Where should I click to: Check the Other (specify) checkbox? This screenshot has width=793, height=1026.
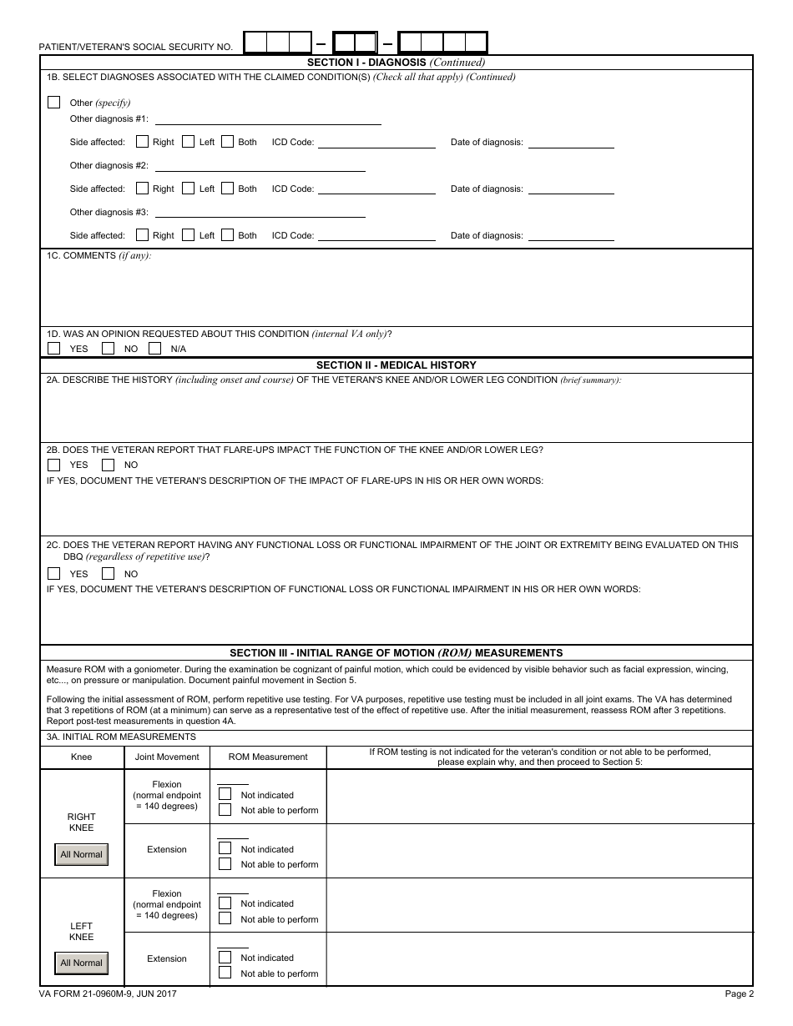click(54, 103)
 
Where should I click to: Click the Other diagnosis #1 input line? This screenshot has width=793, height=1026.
click(268, 119)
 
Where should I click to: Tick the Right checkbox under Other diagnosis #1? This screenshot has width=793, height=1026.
click(143, 142)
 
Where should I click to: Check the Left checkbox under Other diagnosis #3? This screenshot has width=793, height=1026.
click(189, 235)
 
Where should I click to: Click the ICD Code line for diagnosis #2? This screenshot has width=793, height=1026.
click(376, 189)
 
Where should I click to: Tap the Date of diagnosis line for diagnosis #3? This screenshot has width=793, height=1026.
click(572, 236)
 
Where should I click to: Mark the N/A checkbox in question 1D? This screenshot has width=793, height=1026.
click(154, 349)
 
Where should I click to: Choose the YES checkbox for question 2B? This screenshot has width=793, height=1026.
click(54, 465)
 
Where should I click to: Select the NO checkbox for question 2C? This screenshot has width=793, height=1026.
click(108, 574)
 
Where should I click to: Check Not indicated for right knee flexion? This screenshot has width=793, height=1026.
click(225, 795)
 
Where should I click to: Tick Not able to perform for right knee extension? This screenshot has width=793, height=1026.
click(225, 864)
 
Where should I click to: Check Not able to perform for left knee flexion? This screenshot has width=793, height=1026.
click(225, 919)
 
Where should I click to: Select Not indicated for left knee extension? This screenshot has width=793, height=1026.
click(225, 958)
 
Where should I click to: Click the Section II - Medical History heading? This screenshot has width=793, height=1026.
click(396, 365)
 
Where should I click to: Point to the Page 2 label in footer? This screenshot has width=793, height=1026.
click(739, 993)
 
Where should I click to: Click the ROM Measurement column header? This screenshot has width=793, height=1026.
click(268, 757)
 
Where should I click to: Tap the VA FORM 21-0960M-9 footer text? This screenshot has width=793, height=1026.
click(108, 993)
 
